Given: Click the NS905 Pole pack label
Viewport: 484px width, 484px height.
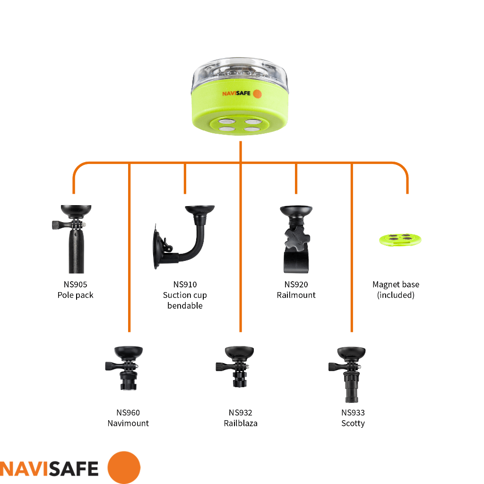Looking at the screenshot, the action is tap(75, 290).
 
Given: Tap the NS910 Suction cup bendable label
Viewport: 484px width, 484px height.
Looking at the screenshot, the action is tap(185, 295).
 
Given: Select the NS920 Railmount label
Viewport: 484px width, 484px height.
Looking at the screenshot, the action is tap(296, 290).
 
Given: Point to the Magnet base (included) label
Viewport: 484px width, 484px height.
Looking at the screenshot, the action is tap(396, 290).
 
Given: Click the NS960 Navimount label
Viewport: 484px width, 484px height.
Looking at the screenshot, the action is tap(128, 418).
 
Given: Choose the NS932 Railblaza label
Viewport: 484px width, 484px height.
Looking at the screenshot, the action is tap(241, 418).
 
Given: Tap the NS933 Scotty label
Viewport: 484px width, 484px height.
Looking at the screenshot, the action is tap(353, 418).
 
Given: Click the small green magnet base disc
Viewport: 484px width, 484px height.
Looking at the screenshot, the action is tap(400, 240).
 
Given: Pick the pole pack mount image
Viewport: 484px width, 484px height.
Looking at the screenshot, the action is tap(72, 239).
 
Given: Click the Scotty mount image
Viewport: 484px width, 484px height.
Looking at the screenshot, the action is tap(347, 374).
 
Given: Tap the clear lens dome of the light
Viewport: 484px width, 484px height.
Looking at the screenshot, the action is tap(240, 73).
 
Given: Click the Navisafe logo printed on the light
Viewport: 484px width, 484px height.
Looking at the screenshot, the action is tap(242, 94).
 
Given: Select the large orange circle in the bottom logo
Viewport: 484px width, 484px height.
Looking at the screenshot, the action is tap(124, 467).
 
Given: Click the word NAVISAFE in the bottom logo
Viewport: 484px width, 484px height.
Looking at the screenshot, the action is tap(49, 469).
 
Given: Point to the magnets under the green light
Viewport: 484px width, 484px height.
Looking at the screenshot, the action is tap(240, 125).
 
